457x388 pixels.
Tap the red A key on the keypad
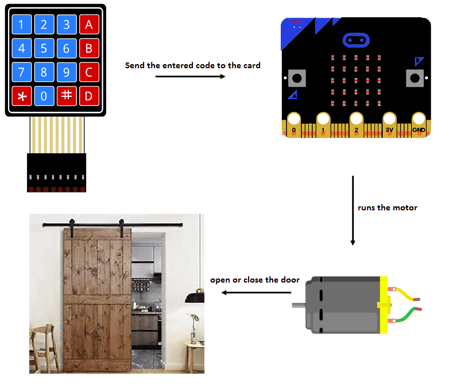point(89,25)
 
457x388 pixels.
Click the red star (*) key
point(22,96)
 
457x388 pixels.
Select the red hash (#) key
point(67,96)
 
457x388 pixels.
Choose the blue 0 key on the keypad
point(44,96)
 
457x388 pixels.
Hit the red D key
point(89,96)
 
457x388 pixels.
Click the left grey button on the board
point(297,78)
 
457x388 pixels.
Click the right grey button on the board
point(415,78)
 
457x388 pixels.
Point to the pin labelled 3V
point(389,124)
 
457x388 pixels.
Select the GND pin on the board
point(419,124)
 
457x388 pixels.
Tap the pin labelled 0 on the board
point(294,124)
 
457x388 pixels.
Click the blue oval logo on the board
point(356,40)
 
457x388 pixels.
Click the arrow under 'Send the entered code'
point(190,76)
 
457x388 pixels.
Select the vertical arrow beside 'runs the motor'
point(353,210)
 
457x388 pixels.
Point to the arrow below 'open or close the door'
point(256,292)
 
